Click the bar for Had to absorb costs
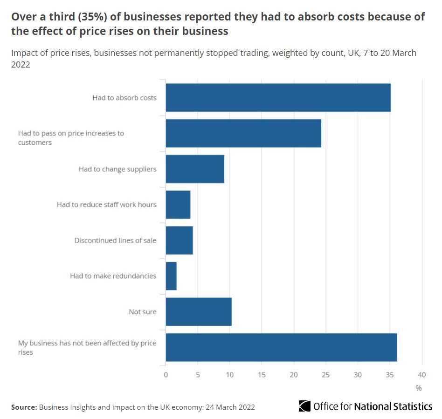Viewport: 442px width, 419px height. tap(278, 98)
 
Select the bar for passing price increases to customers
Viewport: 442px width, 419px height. tap(243, 133)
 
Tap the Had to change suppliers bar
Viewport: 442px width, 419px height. tap(195, 169)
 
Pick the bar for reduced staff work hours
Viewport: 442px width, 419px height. tap(178, 204)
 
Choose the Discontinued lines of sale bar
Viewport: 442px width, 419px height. tap(179, 240)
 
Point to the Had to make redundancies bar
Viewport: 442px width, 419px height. tap(171, 276)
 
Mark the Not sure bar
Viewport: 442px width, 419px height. tap(199, 311)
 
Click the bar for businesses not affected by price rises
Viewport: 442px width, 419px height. tap(281, 347)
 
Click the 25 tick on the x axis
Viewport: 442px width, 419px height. tap(326, 375)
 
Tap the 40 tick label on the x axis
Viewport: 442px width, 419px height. tap(422, 375)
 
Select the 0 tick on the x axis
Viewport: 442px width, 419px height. tap(166, 375)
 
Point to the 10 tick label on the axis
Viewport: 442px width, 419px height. tap(230, 375)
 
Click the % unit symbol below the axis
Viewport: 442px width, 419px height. tap(418, 388)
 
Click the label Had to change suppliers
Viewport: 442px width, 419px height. tap(117, 169)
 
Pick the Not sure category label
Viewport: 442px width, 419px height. tap(142, 311)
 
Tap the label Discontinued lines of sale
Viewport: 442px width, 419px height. tap(115, 240)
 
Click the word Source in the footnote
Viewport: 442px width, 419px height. tap(23, 407)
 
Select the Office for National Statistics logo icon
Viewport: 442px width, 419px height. tap(304, 406)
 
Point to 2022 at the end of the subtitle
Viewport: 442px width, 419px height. tap(21, 65)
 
